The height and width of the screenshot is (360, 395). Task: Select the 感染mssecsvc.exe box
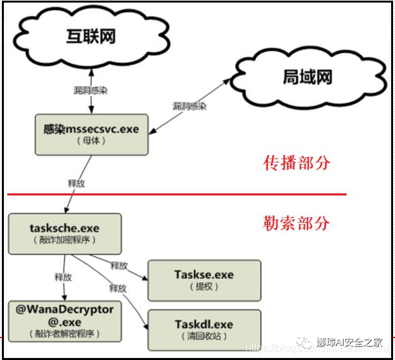tap(91, 134)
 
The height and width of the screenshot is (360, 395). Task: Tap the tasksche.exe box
tap(64, 233)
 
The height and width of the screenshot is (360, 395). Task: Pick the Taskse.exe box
tap(204, 280)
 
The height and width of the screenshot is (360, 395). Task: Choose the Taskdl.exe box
tap(204, 329)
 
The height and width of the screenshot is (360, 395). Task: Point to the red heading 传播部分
tap(297, 163)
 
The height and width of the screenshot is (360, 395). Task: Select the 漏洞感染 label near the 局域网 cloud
tap(189, 106)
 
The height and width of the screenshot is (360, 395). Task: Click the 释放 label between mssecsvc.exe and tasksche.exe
tap(77, 182)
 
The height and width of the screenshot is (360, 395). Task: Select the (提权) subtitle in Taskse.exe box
tap(204, 287)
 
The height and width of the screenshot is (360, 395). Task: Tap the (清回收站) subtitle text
tap(204, 336)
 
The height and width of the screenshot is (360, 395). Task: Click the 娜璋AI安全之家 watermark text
tap(353, 342)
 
